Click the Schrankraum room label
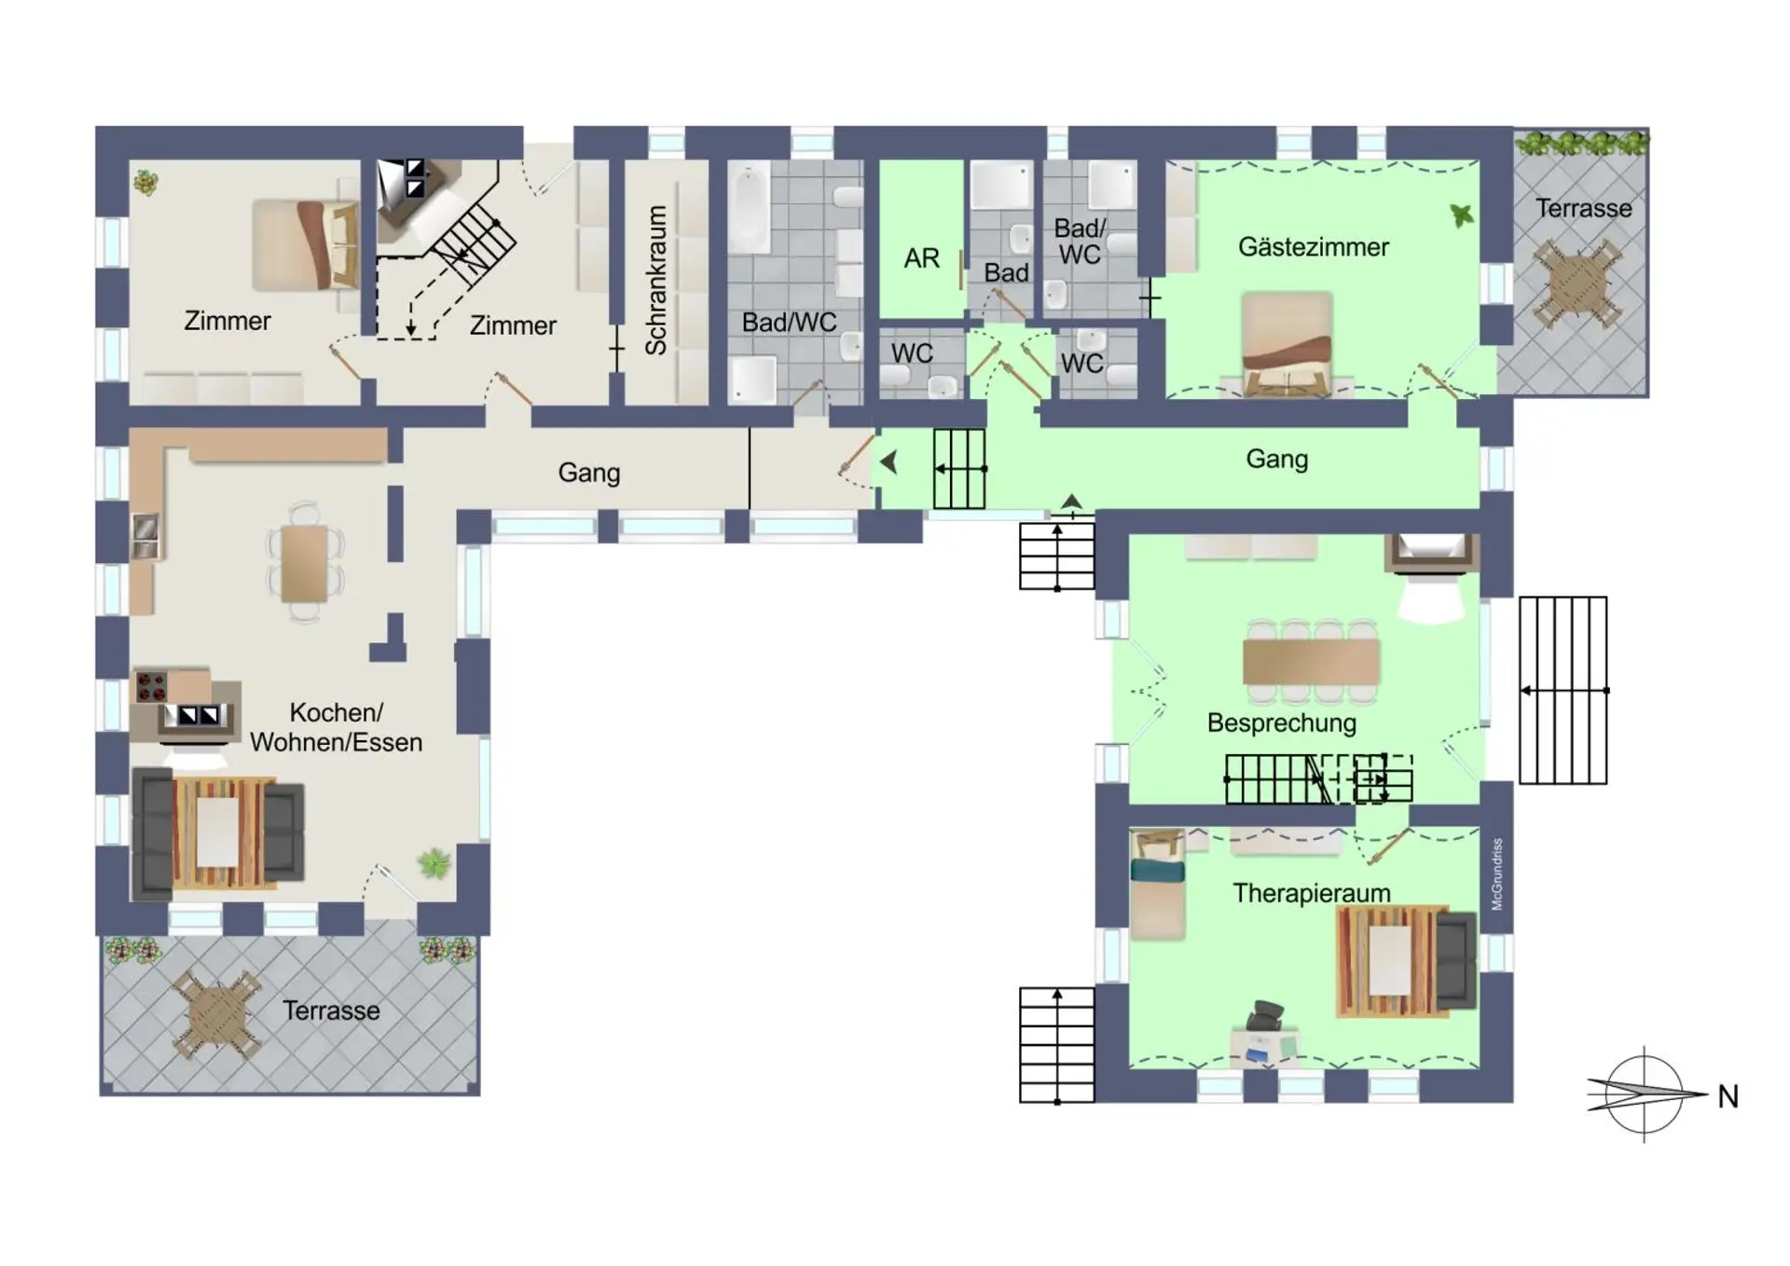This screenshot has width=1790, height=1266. click(656, 280)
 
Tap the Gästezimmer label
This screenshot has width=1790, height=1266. click(1313, 247)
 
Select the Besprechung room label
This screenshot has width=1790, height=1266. click(1281, 722)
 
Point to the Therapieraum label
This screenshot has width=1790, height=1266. click(1311, 893)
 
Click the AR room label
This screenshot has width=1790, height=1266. click(921, 258)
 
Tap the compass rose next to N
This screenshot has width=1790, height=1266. click(1643, 1094)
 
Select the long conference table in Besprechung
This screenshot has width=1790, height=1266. click(1310, 662)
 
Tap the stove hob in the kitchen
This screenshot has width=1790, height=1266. click(151, 687)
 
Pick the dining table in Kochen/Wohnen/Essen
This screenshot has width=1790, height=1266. click(305, 563)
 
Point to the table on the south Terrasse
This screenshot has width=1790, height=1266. click(218, 1013)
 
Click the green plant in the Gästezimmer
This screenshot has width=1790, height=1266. click(1462, 216)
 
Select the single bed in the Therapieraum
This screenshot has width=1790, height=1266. click(1157, 884)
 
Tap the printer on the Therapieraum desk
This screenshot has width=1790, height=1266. click(1265, 1014)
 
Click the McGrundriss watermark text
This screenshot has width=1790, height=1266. click(1497, 874)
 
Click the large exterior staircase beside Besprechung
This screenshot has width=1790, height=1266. click(1563, 690)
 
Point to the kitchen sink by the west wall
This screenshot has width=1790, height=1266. click(146, 537)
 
